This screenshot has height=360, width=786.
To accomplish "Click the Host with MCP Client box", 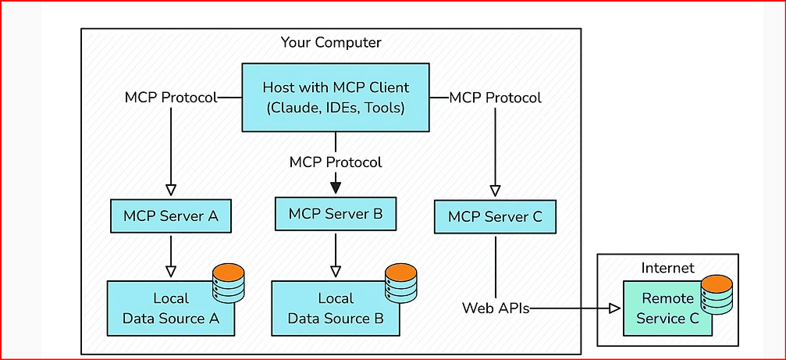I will tap(336, 98).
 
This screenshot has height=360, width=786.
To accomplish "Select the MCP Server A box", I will tap(171, 216).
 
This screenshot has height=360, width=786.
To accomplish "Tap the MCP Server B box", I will tap(336, 213).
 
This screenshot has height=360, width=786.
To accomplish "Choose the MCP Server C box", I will tap(495, 216).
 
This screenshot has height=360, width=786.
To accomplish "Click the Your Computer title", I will tap(331, 42).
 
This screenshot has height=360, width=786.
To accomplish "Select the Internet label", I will tap(667, 268).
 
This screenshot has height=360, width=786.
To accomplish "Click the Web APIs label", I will tap(496, 308).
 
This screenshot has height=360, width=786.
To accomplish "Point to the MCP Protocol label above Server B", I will tap(336, 162).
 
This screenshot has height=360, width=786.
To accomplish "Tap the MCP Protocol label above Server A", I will tap(171, 98).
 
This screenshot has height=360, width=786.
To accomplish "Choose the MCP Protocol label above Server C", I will tap(496, 98).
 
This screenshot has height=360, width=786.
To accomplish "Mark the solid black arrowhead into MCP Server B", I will tap(336, 187).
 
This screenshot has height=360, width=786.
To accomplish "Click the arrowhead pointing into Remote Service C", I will tap(614, 308).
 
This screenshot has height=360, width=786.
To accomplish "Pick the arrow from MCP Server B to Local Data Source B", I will tap(336, 254).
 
